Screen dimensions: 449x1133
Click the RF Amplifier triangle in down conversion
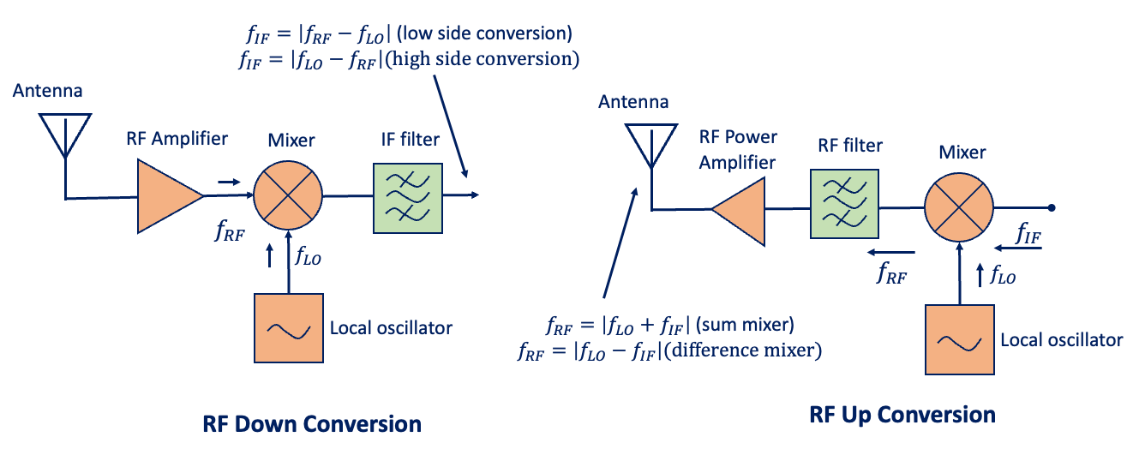[x=166, y=197]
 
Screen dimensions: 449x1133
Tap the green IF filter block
[x=408, y=196]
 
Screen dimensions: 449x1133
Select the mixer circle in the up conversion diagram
[x=958, y=208]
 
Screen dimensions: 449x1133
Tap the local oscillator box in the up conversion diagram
[x=958, y=340]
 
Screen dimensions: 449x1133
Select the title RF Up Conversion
[x=902, y=415]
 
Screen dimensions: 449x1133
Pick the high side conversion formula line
[x=410, y=59]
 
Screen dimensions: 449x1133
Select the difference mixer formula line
[x=669, y=350]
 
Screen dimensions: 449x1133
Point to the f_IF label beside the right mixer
[x=1028, y=231]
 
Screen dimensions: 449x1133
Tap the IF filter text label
[x=410, y=140]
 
